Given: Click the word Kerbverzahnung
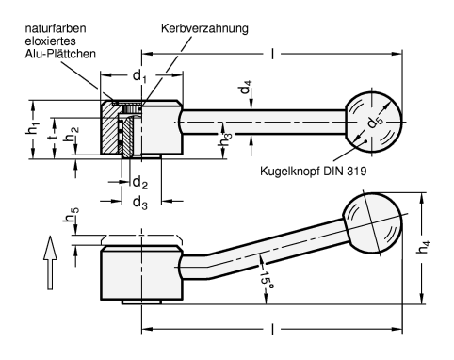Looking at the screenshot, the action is (x=204, y=28).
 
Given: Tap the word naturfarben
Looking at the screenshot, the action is (x=56, y=28).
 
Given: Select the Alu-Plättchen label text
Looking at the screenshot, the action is (x=60, y=54).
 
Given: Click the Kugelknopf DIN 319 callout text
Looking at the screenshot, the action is (x=313, y=172).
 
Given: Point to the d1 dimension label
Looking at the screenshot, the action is (x=139, y=76).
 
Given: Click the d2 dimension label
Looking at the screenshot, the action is (x=140, y=183).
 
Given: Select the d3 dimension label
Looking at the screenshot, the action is (x=140, y=203).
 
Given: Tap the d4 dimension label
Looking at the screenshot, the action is (x=246, y=88).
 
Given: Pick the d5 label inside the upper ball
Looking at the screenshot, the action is (x=375, y=122).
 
